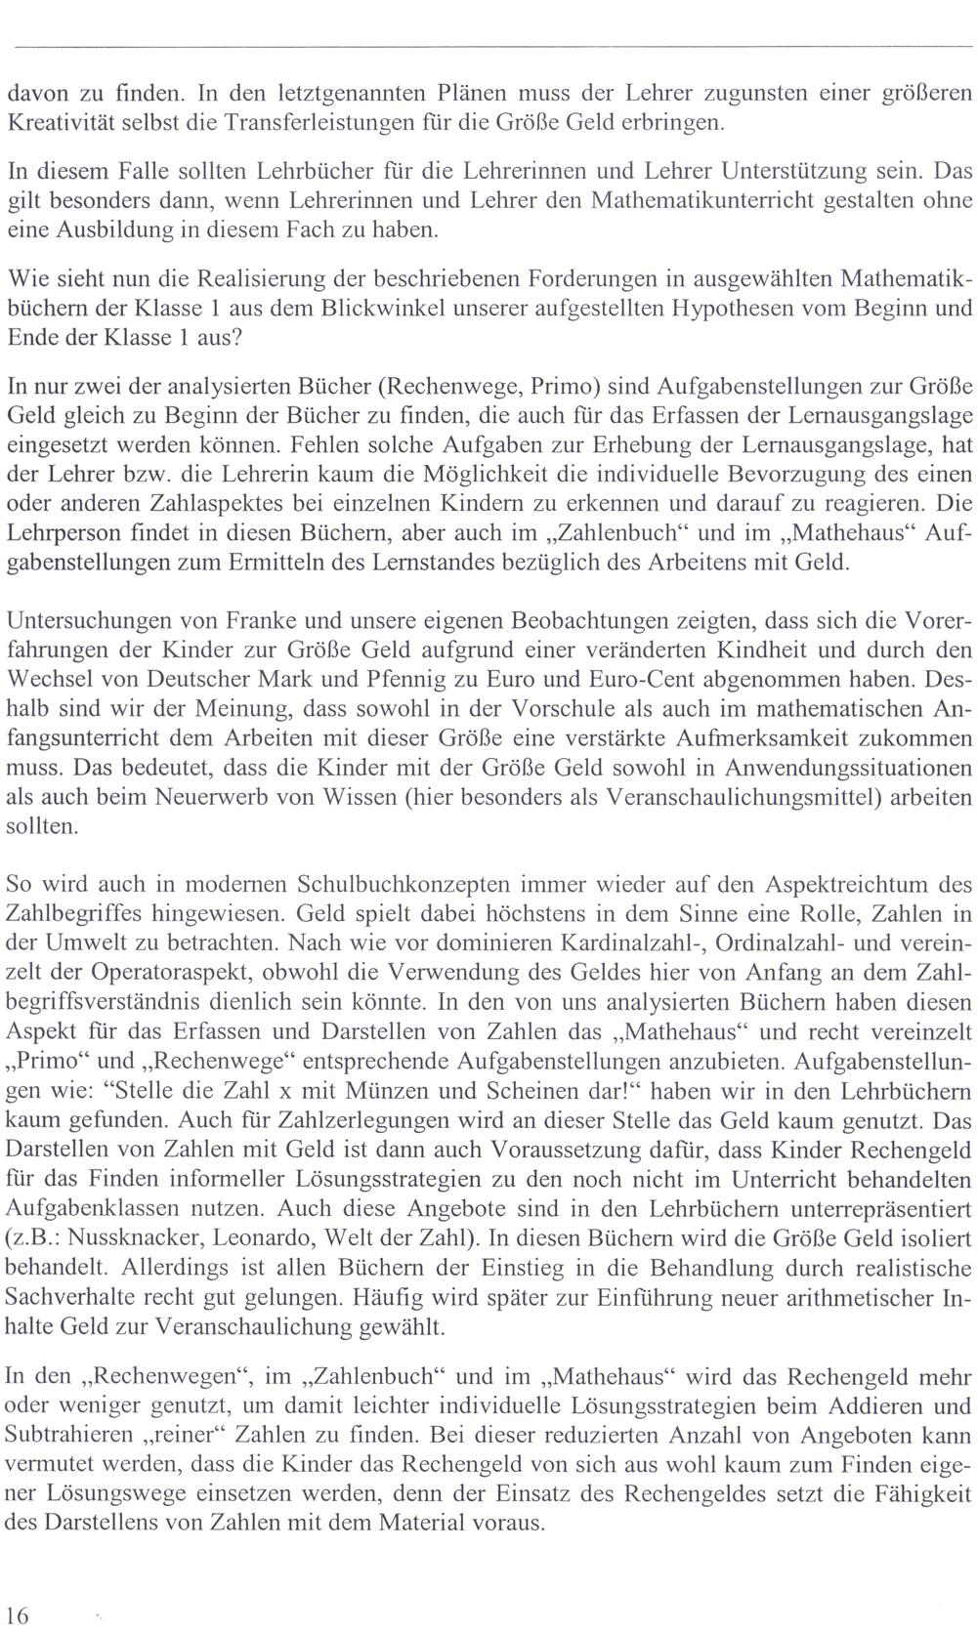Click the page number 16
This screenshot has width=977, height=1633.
(x=18, y=1612)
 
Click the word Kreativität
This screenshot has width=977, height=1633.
(x=54, y=123)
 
